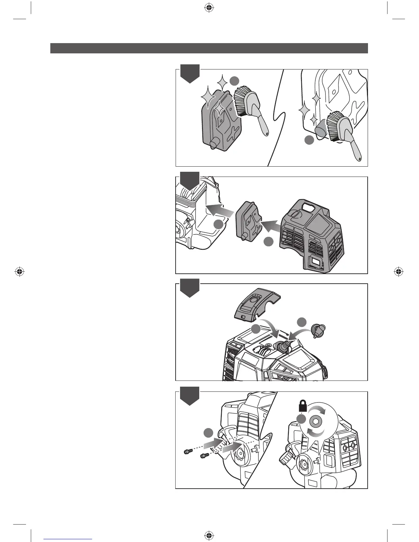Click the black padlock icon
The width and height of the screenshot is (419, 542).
(x=303, y=407)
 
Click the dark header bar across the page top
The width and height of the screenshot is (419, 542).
(x=209, y=48)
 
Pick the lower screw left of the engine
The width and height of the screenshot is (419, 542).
(x=204, y=456)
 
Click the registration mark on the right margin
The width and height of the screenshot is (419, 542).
(x=398, y=272)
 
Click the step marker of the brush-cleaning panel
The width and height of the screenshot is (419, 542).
(x=190, y=73)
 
